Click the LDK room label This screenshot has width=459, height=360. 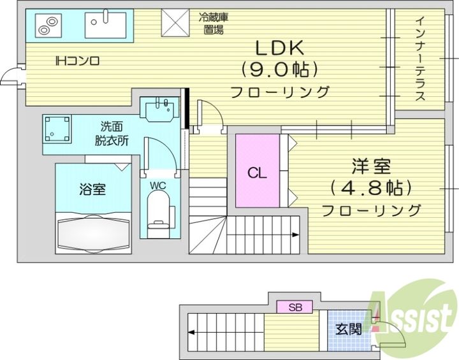280,48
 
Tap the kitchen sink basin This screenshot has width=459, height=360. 105,25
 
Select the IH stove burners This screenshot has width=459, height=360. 48,25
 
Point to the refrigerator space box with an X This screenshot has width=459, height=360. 175,23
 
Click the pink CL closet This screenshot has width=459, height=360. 258,171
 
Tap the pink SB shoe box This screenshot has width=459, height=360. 295,307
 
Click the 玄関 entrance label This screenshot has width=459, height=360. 348,329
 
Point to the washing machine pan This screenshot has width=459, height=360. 57,129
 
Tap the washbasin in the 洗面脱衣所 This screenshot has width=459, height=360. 159,109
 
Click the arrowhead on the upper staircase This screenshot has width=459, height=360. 296,234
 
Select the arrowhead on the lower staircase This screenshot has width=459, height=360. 192,332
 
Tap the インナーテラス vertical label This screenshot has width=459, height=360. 420,59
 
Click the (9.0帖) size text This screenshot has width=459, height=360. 279,69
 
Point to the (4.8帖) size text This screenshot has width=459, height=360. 371,187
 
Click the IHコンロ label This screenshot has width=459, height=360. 78,61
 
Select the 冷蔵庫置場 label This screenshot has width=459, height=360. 214,24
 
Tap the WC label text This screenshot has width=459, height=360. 158,185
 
